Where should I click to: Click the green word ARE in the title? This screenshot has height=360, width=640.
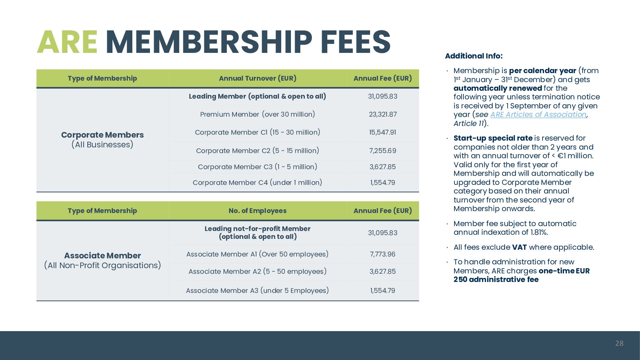click(67, 42)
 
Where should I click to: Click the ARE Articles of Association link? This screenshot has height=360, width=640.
click(538, 115)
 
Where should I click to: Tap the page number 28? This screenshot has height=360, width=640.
click(619, 343)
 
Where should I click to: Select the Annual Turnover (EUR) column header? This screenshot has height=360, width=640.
click(258, 78)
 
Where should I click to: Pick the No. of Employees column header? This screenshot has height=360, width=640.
click(258, 211)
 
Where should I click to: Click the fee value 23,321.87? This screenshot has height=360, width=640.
click(382, 114)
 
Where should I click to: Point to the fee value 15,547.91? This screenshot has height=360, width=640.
click(382, 132)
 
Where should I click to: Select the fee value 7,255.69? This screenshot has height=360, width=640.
click(382, 151)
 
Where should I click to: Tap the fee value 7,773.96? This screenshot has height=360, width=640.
click(382, 254)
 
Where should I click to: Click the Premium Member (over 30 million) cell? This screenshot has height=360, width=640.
click(258, 114)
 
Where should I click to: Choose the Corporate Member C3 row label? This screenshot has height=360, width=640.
click(258, 167)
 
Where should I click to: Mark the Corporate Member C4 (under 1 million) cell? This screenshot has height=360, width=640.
click(258, 183)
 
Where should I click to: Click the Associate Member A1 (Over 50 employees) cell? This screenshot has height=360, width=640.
click(258, 254)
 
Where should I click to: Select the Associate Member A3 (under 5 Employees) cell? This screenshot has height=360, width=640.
click(258, 291)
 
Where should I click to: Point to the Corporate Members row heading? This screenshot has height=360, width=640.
click(102, 135)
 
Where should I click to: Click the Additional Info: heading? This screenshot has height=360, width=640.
click(474, 56)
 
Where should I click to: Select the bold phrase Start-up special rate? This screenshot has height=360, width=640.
click(493, 138)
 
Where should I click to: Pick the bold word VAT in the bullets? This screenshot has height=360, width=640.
click(519, 247)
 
